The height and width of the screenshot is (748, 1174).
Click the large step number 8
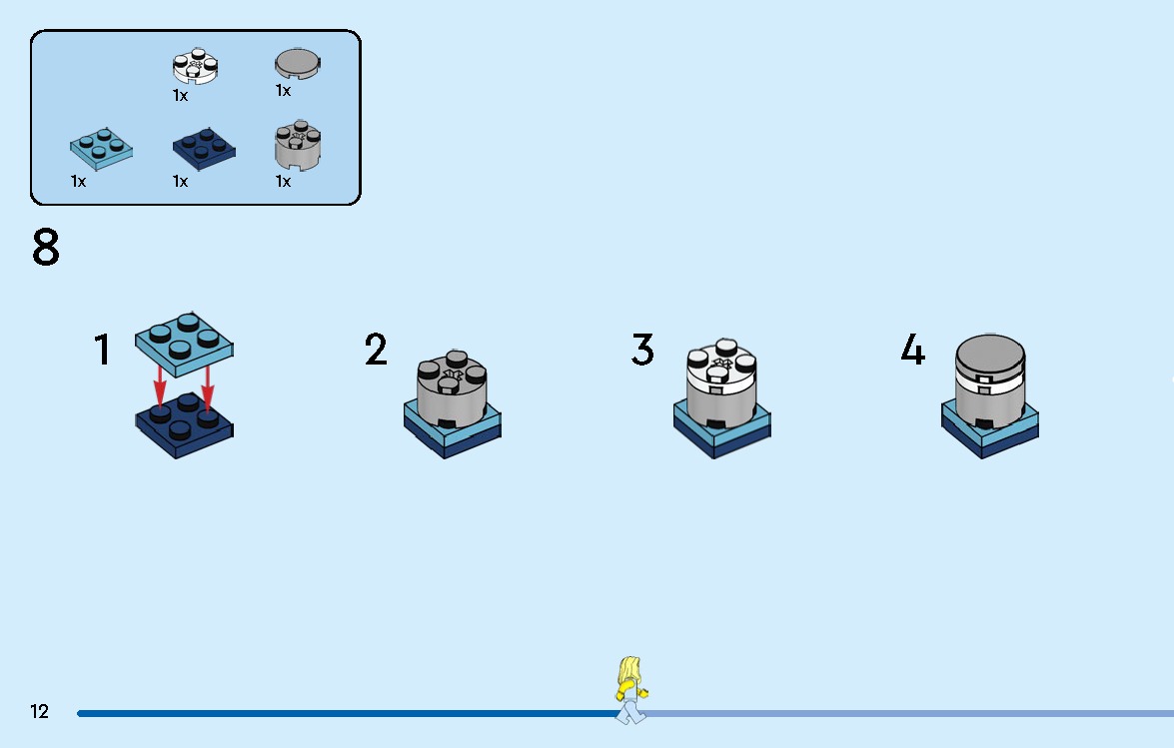[x=46, y=248]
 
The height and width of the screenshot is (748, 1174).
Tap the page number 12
[x=39, y=711]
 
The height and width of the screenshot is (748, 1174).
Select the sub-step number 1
[x=103, y=350]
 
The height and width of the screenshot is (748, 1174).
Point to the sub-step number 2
[x=376, y=350]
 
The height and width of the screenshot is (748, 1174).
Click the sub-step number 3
[x=642, y=350]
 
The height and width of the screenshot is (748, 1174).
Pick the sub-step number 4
[x=912, y=350]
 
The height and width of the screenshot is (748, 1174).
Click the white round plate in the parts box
[x=196, y=66]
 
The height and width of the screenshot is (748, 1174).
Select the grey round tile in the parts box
[x=298, y=64]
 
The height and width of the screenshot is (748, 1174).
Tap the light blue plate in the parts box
[x=102, y=147]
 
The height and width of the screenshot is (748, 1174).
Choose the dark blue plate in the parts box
[x=204, y=147]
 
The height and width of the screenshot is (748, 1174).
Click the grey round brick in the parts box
[x=298, y=145]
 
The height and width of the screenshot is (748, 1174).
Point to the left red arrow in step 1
[x=160, y=385]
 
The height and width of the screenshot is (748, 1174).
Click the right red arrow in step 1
[x=208, y=387]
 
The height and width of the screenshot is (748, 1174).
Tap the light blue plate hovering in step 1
[x=184, y=345]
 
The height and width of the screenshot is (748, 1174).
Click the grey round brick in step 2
[x=452, y=388]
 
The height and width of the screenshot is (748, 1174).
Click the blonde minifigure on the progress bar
[x=631, y=690]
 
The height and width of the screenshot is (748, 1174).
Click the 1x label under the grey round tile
[x=283, y=91]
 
